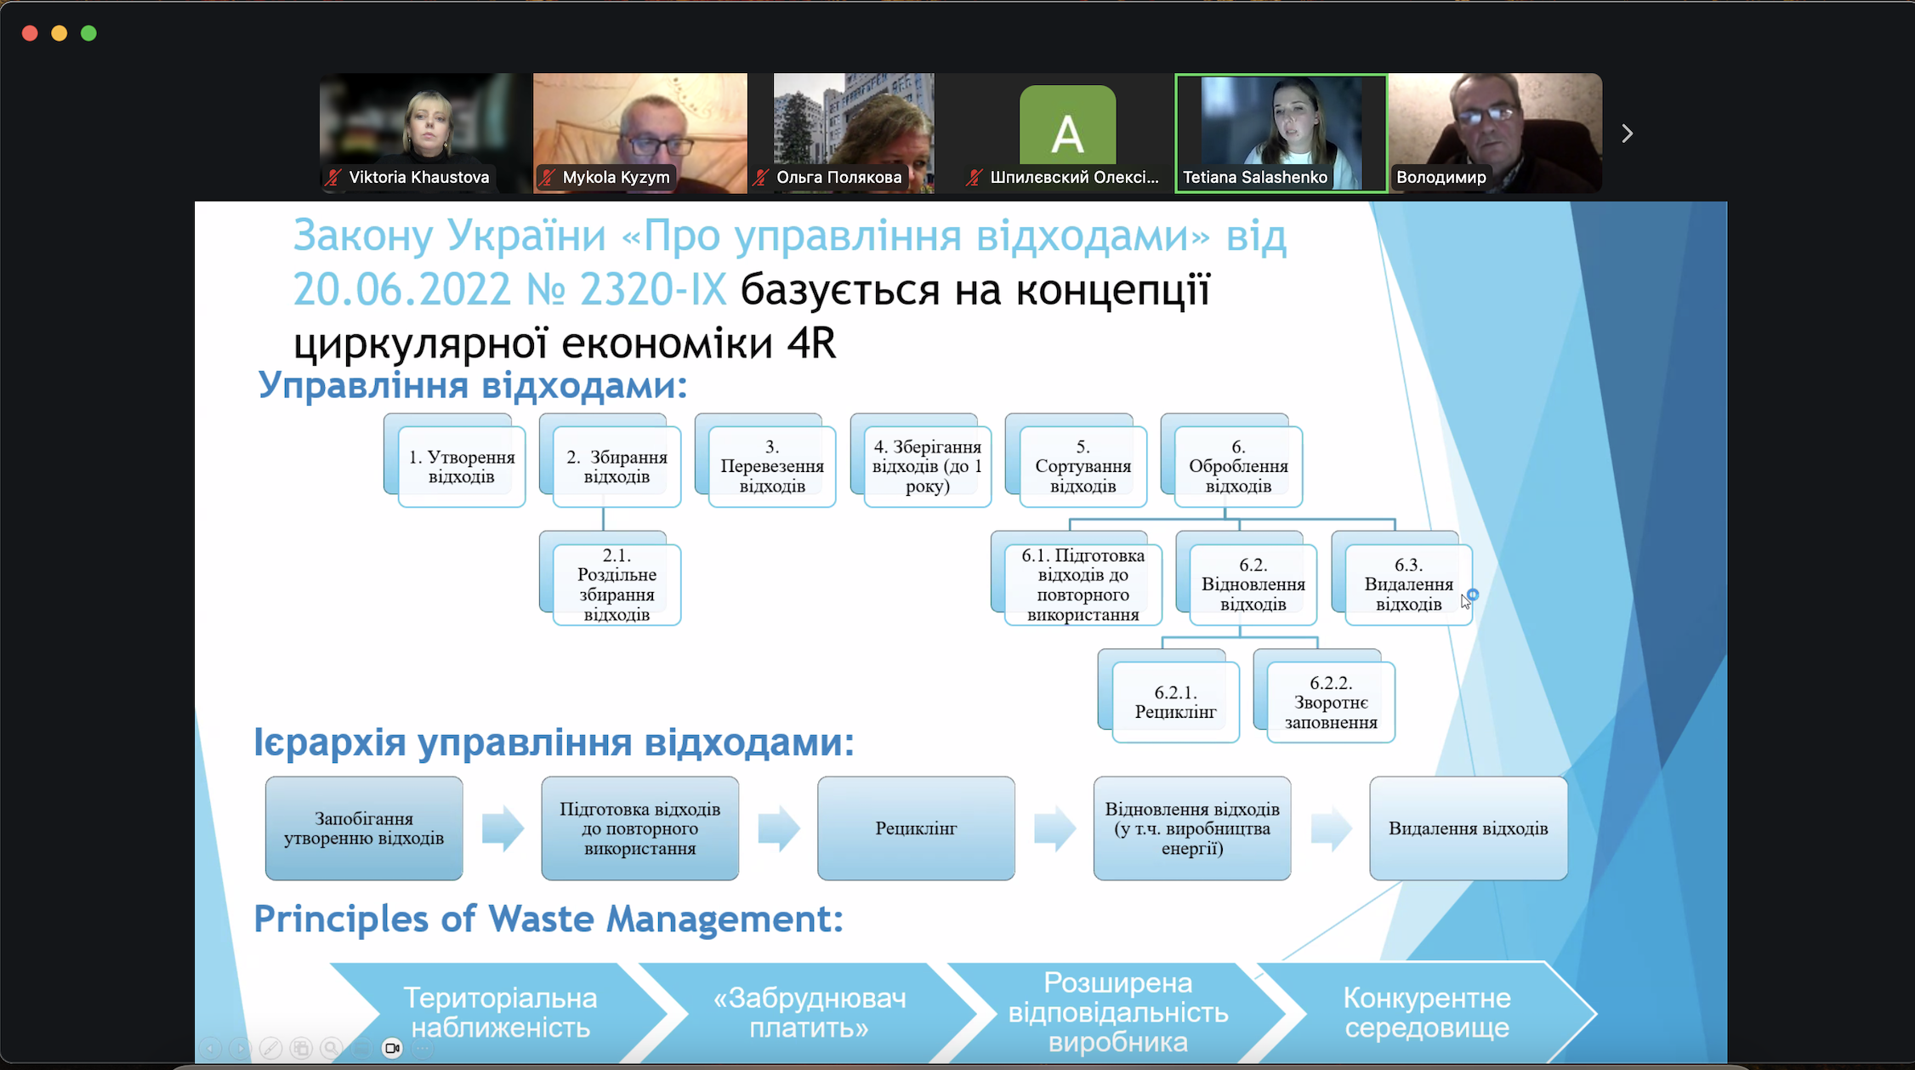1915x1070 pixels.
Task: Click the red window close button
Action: point(30,33)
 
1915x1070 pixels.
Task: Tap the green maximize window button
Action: point(88,33)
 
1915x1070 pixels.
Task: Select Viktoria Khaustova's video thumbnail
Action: point(425,132)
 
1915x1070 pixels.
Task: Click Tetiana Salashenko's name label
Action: point(1254,178)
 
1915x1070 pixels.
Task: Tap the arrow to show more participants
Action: point(1627,134)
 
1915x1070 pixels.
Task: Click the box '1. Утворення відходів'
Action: point(461,466)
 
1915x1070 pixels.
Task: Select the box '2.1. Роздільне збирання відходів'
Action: point(617,584)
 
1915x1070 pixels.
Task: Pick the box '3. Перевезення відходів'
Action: point(772,466)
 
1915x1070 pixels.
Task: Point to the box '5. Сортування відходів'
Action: point(1083,466)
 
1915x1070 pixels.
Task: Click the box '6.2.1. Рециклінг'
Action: point(1175,702)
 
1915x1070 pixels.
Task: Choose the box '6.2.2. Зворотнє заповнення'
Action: point(1331,702)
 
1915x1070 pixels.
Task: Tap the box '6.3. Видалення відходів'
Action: point(1408,584)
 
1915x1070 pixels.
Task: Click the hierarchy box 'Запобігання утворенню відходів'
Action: point(364,828)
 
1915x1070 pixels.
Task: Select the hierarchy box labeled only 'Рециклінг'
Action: point(916,828)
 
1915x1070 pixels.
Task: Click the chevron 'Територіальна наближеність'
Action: point(500,1012)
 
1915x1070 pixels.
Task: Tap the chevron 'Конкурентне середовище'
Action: point(1426,1012)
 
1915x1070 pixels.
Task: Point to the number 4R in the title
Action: point(811,344)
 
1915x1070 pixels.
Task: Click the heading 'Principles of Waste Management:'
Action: point(548,919)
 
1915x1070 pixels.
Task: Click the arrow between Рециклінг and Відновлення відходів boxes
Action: point(1054,828)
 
